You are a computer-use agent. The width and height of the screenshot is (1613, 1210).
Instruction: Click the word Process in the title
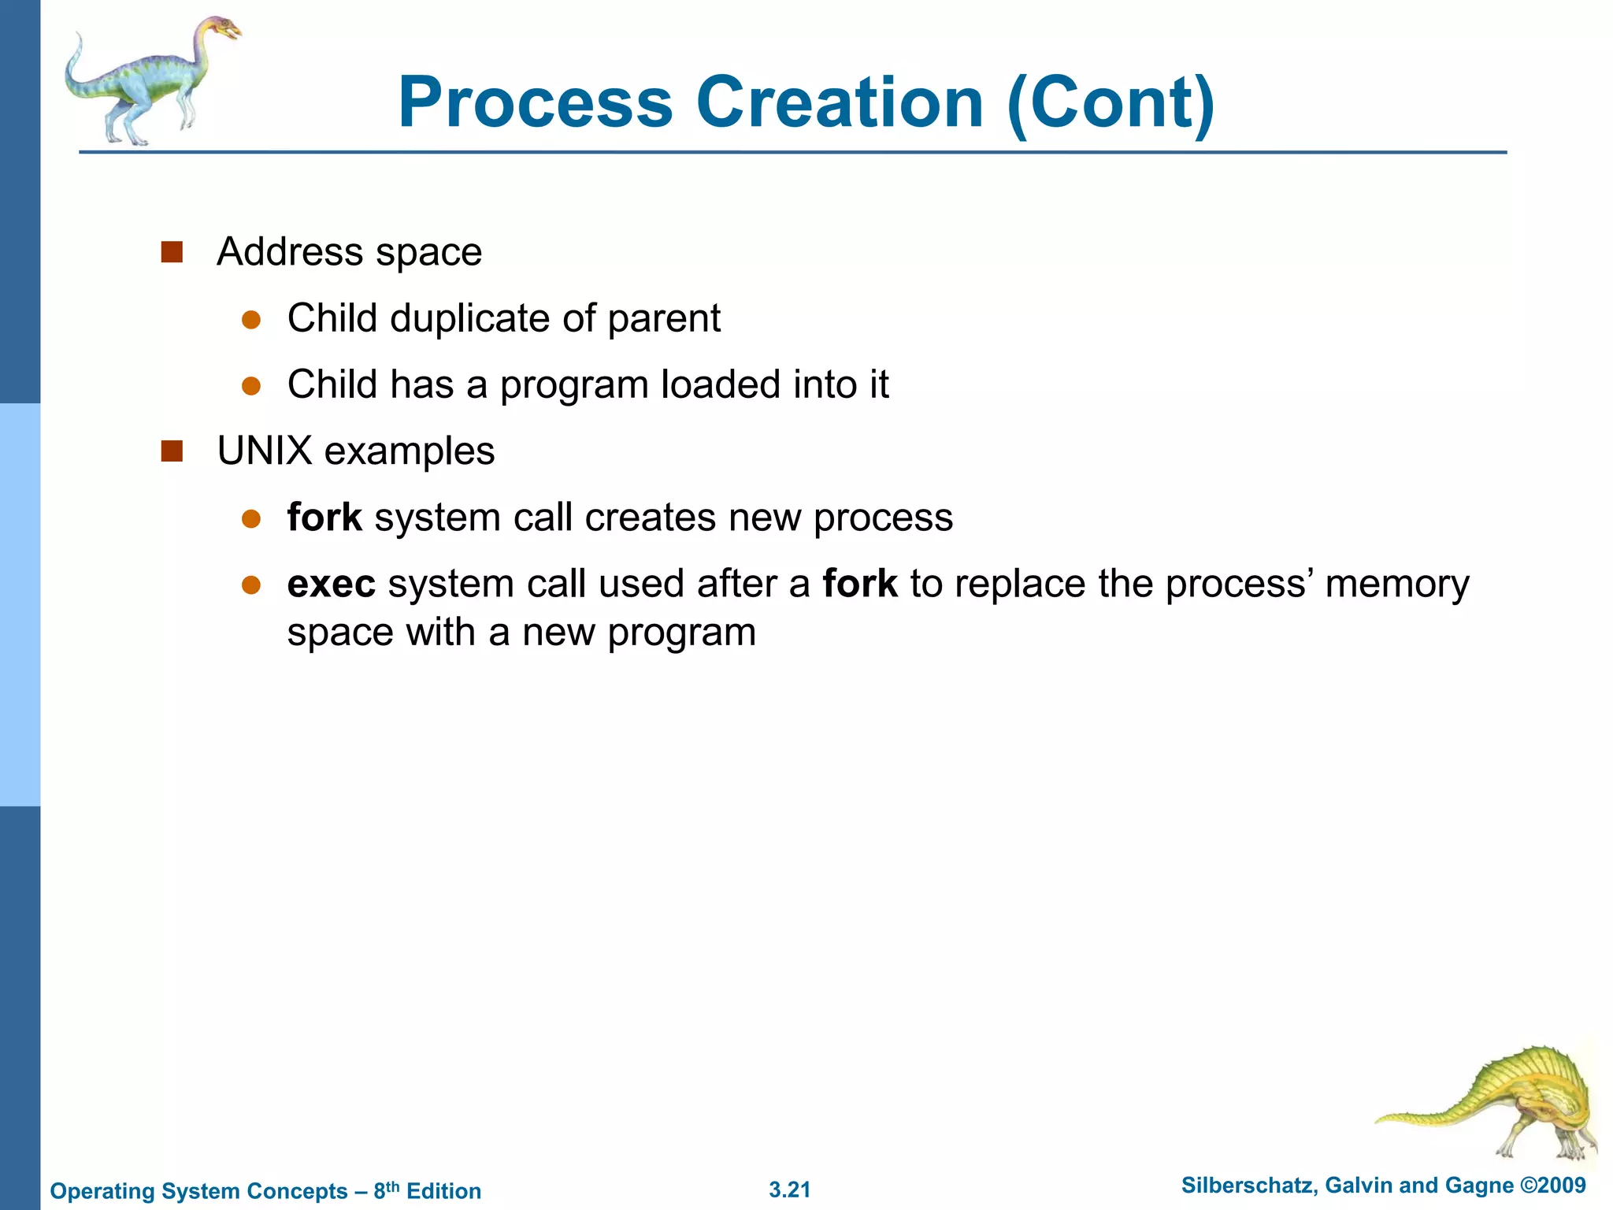tap(536, 102)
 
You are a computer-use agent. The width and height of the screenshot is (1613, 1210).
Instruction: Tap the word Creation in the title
tap(840, 102)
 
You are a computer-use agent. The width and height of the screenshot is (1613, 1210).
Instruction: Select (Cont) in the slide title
tap(1111, 102)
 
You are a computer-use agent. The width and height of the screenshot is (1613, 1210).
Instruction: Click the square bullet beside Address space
tap(172, 252)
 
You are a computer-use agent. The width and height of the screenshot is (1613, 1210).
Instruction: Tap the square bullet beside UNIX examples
tap(172, 451)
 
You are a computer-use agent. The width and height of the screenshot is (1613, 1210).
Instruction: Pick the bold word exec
tap(331, 585)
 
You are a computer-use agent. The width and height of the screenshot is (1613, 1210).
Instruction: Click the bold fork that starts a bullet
tap(324, 518)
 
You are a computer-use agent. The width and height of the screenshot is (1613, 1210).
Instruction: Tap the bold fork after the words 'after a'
tap(859, 585)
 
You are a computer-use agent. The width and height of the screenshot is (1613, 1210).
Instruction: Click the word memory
tap(1396, 585)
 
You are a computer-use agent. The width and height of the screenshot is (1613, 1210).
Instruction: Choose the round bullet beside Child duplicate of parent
tap(251, 319)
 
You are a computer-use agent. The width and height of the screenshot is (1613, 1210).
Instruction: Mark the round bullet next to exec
tap(251, 585)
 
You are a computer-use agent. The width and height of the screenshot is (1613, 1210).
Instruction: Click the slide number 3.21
tap(789, 1190)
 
